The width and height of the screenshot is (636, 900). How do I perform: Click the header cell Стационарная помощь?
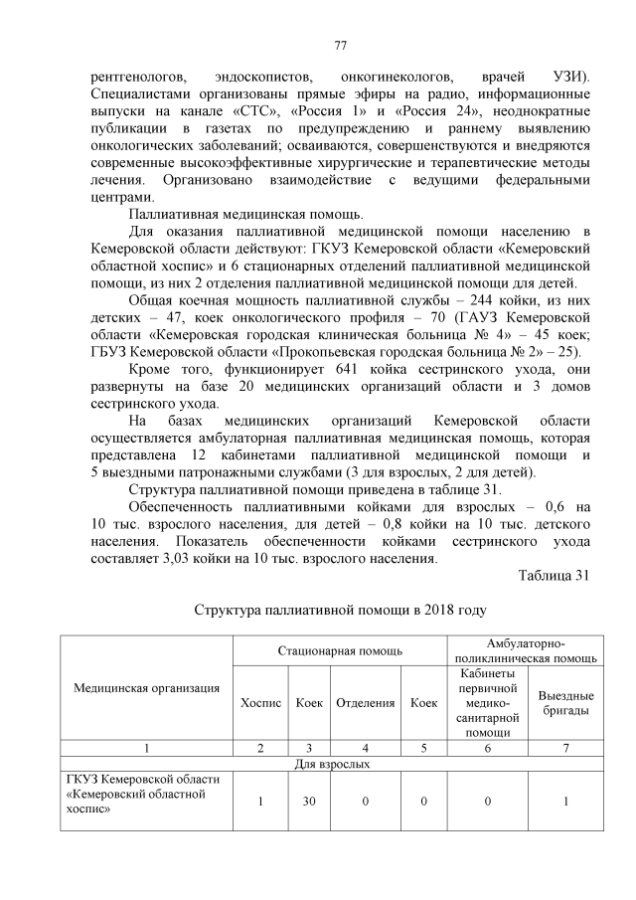pos(340,650)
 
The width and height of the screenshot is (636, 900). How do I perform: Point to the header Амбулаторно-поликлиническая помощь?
pos(525,650)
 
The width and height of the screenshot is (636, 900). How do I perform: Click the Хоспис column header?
pos(261,703)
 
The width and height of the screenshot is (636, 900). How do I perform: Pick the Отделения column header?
pos(366,703)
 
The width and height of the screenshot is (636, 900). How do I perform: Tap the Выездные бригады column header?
pos(566,703)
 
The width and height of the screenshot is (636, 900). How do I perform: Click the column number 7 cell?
pos(566,748)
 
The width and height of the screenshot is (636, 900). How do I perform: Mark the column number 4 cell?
pos(366,748)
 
